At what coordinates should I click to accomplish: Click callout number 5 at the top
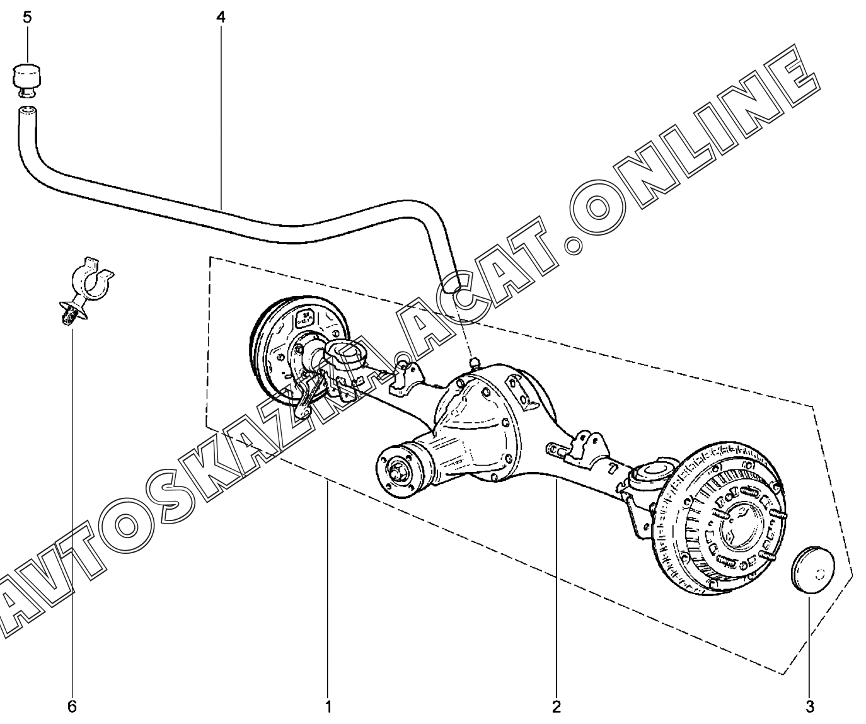pyautogui.click(x=27, y=18)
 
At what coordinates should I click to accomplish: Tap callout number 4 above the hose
pyautogui.click(x=221, y=18)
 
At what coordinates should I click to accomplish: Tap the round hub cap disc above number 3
pyautogui.click(x=812, y=570)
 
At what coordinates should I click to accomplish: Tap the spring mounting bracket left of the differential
pyautogui.click(x=407, y=377)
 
